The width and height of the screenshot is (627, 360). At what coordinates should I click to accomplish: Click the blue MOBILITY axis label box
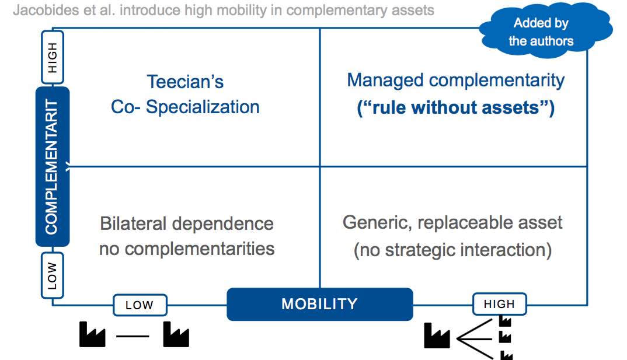[319, 304]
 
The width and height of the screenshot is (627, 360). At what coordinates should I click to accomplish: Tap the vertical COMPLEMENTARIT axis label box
[52, 167]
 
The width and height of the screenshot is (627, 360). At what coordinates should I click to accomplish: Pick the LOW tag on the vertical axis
[53, 275]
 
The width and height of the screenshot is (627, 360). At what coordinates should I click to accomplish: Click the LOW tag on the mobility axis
[140, 305]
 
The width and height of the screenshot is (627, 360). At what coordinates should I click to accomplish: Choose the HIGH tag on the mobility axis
[499, 304]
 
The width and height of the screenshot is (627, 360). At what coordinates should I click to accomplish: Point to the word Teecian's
[185, 82]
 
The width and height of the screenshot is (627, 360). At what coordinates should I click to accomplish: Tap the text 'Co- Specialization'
[185, 107]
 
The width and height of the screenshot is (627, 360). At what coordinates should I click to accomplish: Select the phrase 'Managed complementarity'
[455, 81]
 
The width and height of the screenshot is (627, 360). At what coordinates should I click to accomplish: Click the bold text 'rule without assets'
[455, 108]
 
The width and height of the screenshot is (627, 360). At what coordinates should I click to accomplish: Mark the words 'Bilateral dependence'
[187, 223]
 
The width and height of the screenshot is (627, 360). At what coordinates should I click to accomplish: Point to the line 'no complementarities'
[187, 249]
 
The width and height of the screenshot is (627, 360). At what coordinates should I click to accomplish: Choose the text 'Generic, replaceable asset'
[452, 222]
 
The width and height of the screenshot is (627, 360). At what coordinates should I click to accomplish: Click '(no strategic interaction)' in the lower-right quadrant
[452, 250]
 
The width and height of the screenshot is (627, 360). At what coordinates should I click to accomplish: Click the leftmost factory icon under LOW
[92, 335]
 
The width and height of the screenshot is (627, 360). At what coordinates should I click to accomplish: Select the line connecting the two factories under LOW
[133, 336]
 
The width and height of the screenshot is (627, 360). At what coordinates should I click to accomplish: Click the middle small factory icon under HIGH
[506, 337]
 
